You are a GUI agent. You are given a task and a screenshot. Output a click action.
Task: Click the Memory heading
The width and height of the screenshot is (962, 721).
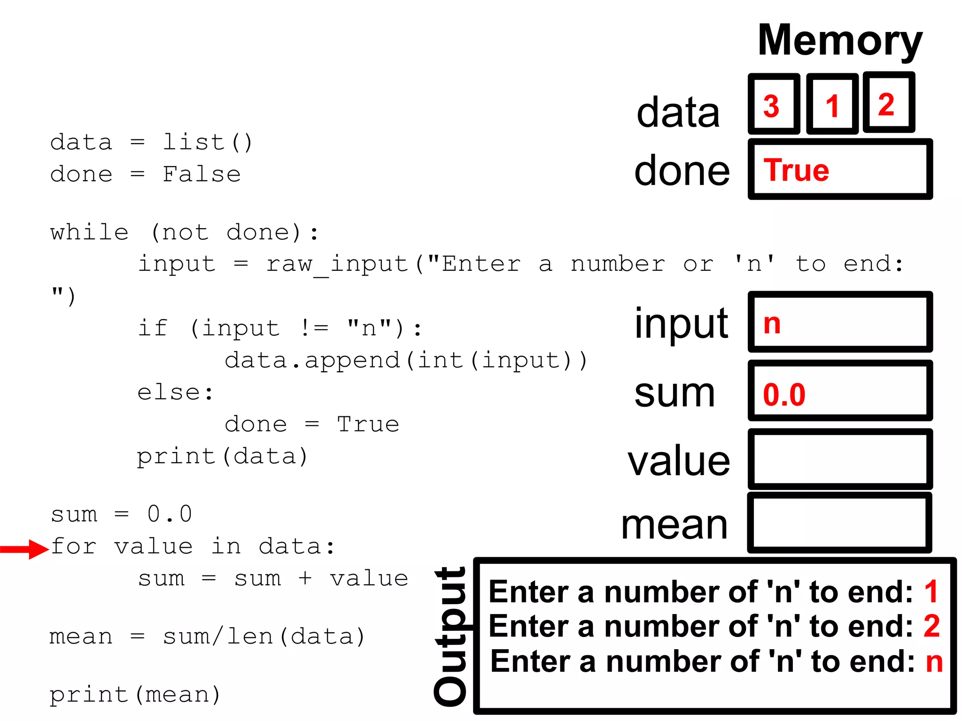pos(840,41)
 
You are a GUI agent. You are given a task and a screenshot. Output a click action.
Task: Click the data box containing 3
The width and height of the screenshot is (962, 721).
pos(774,104)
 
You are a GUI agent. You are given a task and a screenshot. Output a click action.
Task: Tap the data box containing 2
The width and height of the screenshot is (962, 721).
pos(888,103)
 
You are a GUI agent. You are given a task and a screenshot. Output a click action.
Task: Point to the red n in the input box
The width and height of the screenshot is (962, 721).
pos(772,323)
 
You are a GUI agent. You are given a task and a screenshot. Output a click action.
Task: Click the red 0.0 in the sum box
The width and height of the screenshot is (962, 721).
pos(784,394)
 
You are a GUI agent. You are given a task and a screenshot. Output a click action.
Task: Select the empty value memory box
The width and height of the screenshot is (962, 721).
pos(839,459)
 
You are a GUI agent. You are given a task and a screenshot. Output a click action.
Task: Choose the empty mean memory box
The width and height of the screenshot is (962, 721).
pos(839,522)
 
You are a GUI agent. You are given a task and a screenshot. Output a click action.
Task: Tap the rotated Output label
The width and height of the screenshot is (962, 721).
pos(450,636)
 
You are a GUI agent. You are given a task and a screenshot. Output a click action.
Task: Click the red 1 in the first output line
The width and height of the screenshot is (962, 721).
pos(931,591)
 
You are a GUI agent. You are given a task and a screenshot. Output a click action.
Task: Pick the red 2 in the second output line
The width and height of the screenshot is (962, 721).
pos(931,626)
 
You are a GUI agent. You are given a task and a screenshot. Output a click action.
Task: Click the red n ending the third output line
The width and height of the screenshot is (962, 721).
pos(934,661)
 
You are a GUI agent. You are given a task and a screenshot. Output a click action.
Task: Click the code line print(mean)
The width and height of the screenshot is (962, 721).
pos(135,695)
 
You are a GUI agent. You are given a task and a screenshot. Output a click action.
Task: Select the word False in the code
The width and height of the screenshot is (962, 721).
pos(202,174)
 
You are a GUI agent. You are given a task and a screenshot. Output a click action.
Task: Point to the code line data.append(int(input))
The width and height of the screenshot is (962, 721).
pos(406,360)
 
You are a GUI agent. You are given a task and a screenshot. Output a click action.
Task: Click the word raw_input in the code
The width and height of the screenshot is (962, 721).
pos(337,264)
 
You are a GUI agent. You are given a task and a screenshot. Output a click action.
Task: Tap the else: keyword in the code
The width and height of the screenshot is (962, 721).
pos(175,392)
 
